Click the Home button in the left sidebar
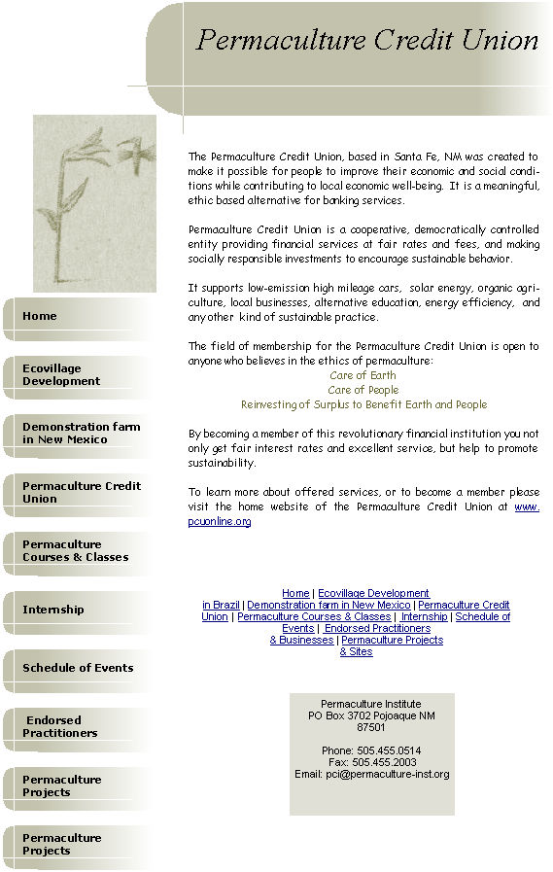[78, 319]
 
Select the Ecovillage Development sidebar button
[78, 377]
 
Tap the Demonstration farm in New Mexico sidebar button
[78, 436]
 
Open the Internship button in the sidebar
[78, 612]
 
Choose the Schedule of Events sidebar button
[78, 671]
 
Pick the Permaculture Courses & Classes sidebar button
[78, 553]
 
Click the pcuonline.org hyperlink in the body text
[220, 522]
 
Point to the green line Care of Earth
[363, 375]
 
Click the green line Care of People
[363, 390]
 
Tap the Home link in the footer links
[295, 593]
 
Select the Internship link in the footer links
[424, 616]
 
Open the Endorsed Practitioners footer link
[377, 628]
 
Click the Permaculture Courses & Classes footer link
[314, 616]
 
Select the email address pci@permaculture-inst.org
[388, 774]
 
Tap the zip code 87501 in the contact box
[370, 727]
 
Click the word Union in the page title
[500, 41]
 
